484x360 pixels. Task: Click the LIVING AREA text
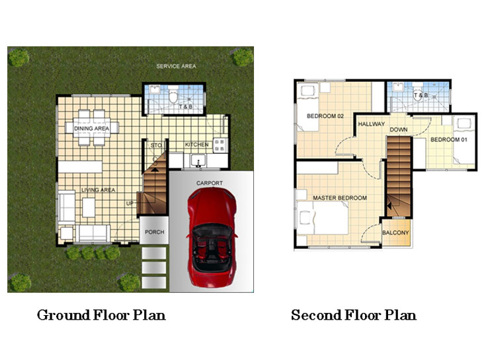pos(99,190)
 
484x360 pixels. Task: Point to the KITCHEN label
pos(196,145)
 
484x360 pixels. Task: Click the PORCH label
pos(154,233)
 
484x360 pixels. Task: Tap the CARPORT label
pos(210,183)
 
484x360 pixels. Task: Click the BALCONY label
pos(396,233)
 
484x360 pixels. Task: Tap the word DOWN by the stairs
pos(398,129)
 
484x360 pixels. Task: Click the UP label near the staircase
pos(130,203)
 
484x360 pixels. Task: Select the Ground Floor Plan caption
pos(101,314)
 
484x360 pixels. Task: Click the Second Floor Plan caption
pos(354,314)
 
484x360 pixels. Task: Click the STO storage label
pos(157,145)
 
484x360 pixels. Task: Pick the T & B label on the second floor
pos(421,96)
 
